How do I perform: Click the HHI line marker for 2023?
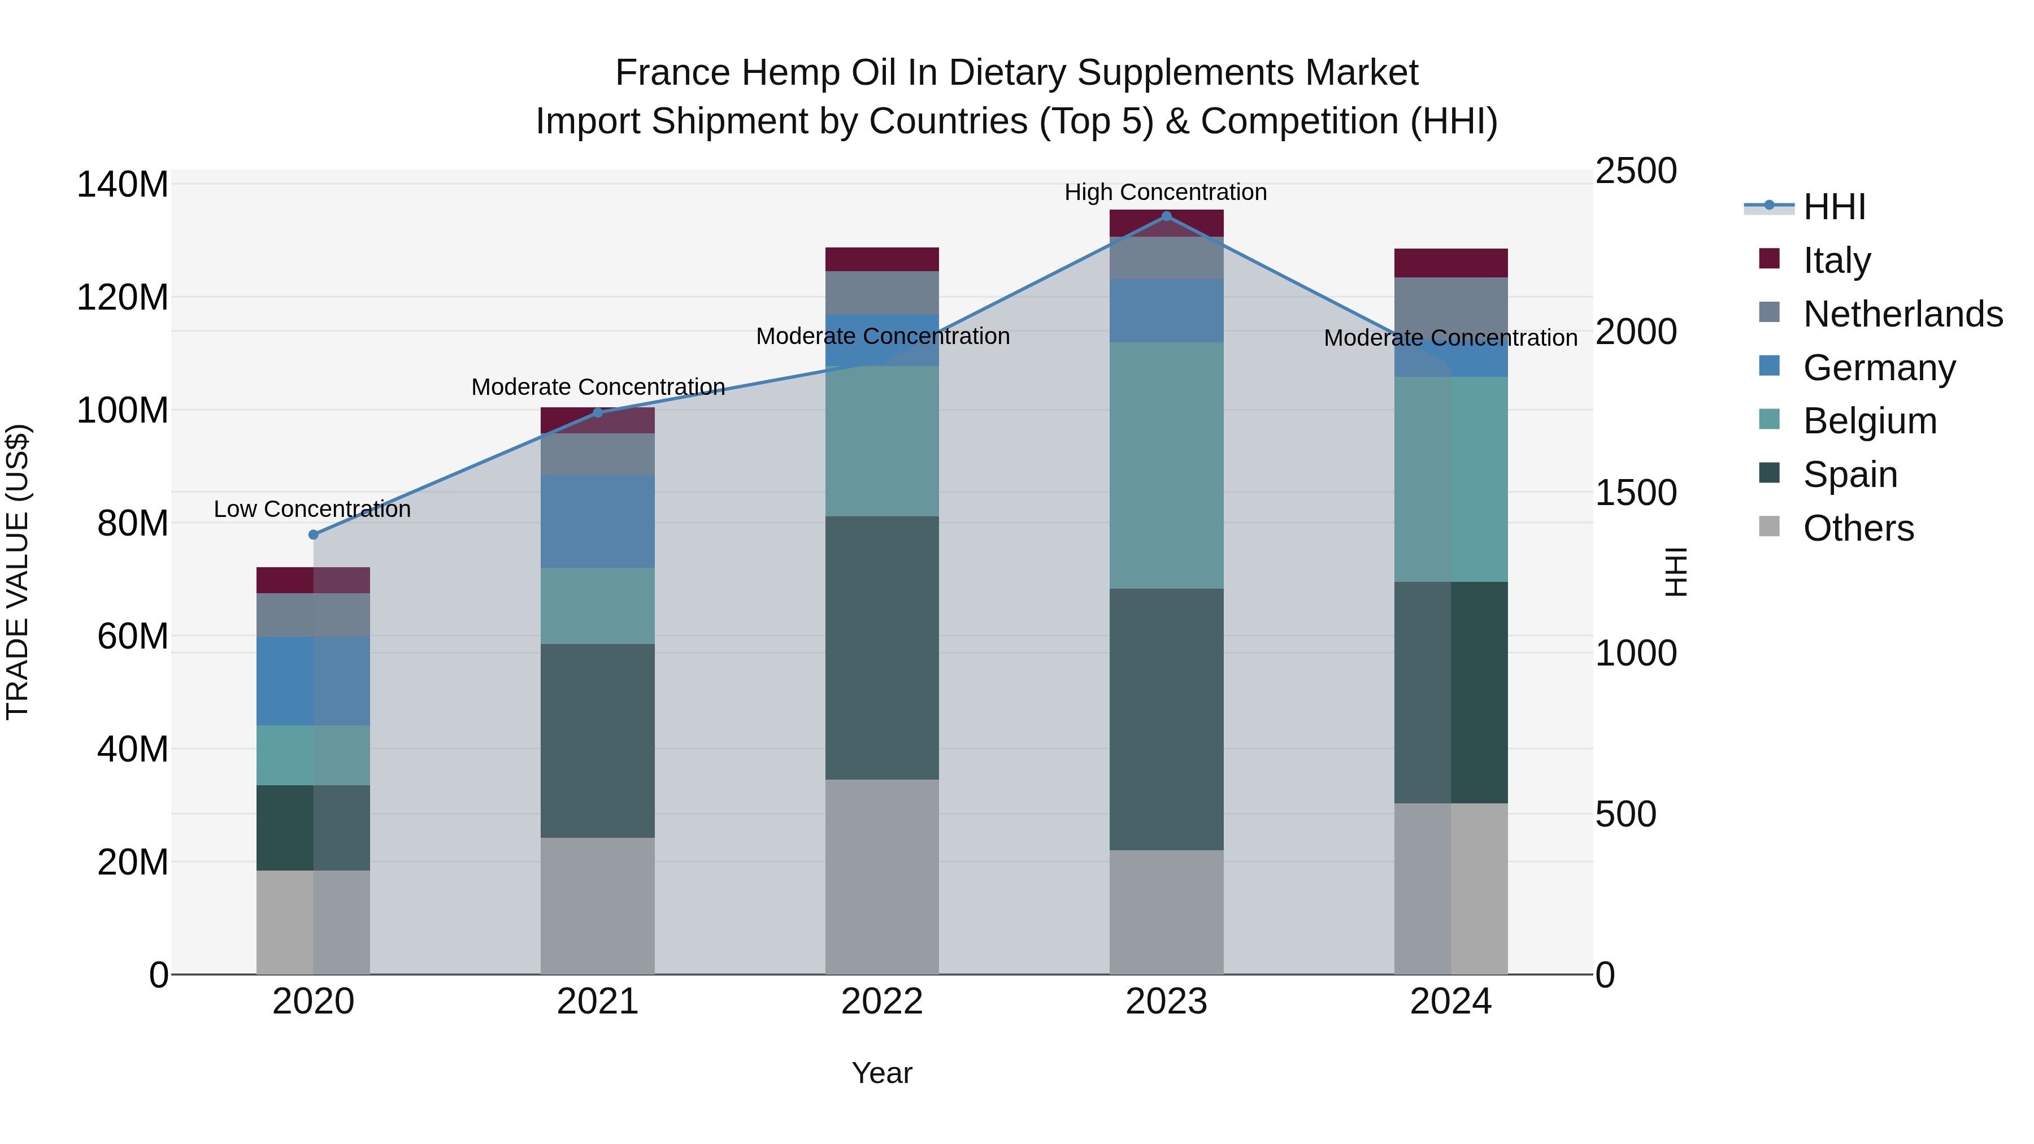click(x=1166, y=216)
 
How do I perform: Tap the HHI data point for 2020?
click(x=314, y=534)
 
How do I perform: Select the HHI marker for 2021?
click(x=598, y=412)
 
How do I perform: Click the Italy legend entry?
click(x=1837, y=260)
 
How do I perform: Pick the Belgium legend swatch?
click(x=1770, y=420)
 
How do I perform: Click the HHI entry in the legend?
click(x=1834, y=206)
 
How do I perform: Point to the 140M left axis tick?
click(x=123, y=185)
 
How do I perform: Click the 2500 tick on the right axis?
click(x=1635, y=171)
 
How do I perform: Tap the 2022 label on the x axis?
click(x=882, y=1002)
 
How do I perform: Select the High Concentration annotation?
click(x=1166, y=192)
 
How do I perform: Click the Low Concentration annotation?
click(x=312, y=509)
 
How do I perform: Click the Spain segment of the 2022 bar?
click(x=882, y=647)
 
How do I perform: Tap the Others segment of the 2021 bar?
click(x=598, y=906)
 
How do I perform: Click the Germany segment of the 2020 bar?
click(x=314, y=681)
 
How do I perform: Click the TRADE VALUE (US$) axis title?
click(x=18, y=572)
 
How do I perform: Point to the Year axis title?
click(x=882, y=1073)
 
